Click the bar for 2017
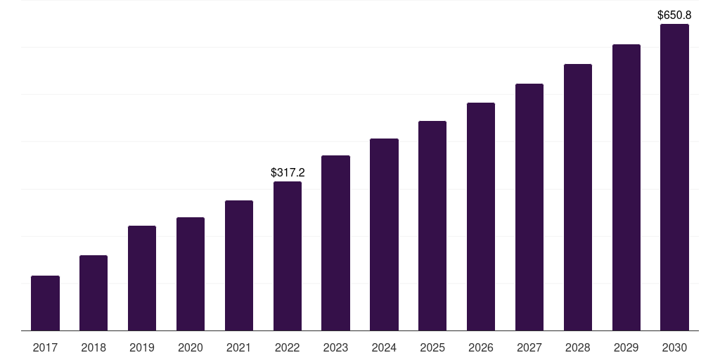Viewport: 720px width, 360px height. pyautogui.click(x=45, y=303)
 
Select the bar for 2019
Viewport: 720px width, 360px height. pyautogui.click(x=142, y=278)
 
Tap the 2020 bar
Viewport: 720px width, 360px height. pyautogui.click(x=191, y=274)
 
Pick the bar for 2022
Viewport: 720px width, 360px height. pyautogui.click(x=288, y=256)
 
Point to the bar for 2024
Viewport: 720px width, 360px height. pyautogui.click(x=385, y=235)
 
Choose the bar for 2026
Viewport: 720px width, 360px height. pyautogui.click(x=481, y=217)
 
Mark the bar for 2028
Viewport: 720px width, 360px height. pyautogui.click(x=578, y=198)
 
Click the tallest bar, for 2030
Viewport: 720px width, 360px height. pyautogui.click(x=674, y=177)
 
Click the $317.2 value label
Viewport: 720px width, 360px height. pyautogui.click(x=288, y=173)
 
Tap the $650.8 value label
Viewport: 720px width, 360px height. pyautogui.click(x=674, y=15)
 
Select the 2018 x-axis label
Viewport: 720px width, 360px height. pyautogui.click(x=94, y=348)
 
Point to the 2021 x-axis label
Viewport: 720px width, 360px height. pyautogui.click(x=239, y=348)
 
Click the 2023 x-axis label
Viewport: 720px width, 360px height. pyautogui.click(x=335, y=348)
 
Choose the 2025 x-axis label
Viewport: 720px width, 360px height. pyautogui.click(x=432, y=348)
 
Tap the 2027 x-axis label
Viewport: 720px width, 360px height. pyautogui.click(x=529, y=348)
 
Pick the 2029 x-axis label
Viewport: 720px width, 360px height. pyautogui.click(x=626, y=348)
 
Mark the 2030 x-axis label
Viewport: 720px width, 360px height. pyautogui.click(x=674, y=348)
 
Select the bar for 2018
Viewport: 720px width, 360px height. pyautogui.click(x=94, y=293)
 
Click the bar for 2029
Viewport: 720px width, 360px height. pyautogui.click(x=626, y=187)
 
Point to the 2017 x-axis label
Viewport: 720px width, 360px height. pyautogui.click(x=45, y=348)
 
